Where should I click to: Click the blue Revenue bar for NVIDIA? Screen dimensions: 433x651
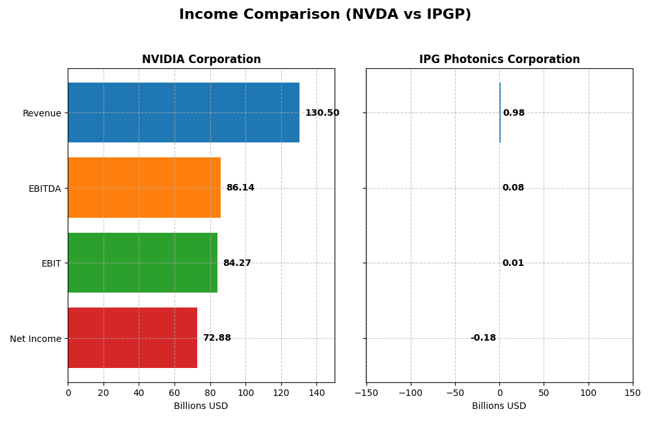[x=184, y=112]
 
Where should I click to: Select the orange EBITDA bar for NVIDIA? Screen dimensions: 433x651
[x=144, y=188]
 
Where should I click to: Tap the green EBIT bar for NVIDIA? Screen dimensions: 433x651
[x=143, y=263]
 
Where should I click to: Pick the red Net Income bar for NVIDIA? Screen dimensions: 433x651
[x=132, y=338]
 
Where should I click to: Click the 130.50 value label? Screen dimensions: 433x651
[x=322, y=113]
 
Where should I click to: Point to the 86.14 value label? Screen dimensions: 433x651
[x=240, y=188]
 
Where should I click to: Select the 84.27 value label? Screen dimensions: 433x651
[x=237, y=263]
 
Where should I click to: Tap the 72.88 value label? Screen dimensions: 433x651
[x=217, y=338]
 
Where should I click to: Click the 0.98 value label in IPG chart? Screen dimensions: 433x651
[x=514, y=113]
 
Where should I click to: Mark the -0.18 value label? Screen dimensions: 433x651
[x=483, y=338]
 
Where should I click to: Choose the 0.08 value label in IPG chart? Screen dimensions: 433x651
[x=513, y=188]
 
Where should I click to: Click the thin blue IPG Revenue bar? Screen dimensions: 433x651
[x=500, y=112]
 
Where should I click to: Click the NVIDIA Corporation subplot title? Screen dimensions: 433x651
[x=201, y=60]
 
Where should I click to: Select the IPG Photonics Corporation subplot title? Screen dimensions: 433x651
[x=499, y=60]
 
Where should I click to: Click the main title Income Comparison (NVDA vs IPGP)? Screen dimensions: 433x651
[x=325, y=15]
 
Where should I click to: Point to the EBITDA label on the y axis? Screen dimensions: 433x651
[x=44, y=189]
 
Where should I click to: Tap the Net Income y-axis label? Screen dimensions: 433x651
[x=36, y=339]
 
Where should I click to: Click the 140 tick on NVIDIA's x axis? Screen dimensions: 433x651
[x=316, y=393]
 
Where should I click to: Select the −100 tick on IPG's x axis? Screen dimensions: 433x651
[x=410, y=393]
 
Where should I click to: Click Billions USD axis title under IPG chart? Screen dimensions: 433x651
[x=499, y=406]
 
